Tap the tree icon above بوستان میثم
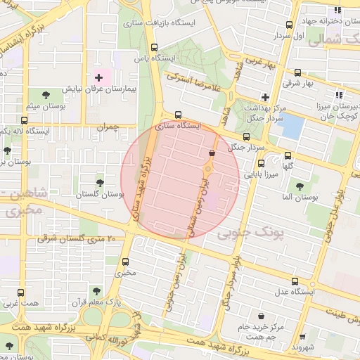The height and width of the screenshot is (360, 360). pos(46,94)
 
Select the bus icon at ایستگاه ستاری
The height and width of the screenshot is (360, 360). pos(177,115)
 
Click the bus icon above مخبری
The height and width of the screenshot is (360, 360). pos(126,260)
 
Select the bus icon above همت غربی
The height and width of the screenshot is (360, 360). pos(19,292)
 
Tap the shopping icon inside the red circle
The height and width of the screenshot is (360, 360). pos(212,153)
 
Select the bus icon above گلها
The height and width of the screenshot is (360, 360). pos(287,156)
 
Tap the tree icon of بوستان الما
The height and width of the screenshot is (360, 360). pos(300,186)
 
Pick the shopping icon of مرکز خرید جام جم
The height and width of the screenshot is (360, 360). pos(262,316)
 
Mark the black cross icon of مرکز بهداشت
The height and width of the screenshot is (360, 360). pos(265,97)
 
